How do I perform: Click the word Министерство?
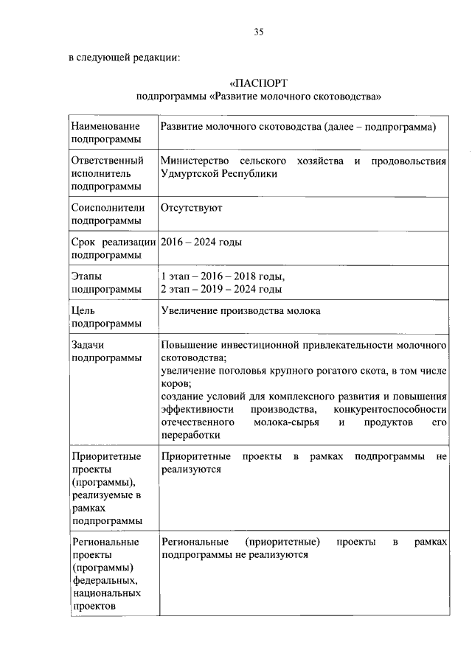click(194, 161)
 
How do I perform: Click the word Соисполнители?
click(108, 208)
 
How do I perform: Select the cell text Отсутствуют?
click(192, 208)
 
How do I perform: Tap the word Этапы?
click(87, 276)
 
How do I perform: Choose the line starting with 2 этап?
click(221, 290)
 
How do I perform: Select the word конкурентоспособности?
click(390, 409)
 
